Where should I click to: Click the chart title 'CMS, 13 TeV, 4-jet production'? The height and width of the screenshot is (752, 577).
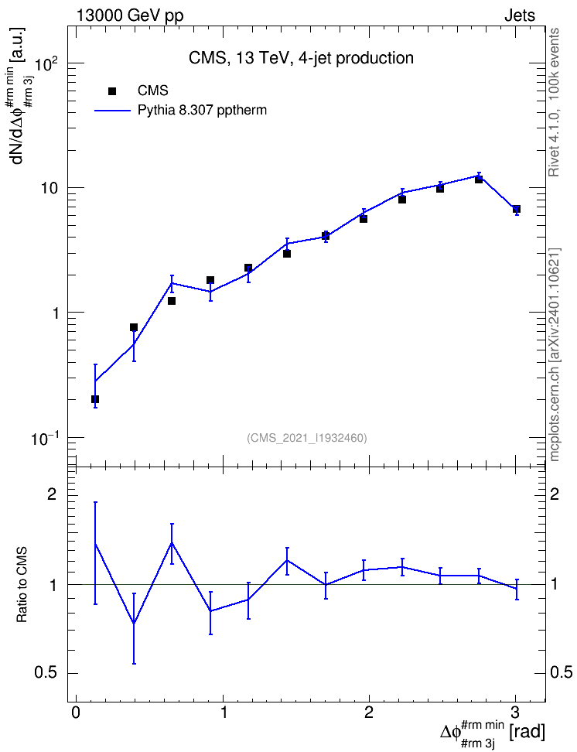point(301,58)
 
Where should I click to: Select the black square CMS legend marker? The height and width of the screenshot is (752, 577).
point(112,91)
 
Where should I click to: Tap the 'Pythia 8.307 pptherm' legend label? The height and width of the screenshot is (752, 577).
point(202,111)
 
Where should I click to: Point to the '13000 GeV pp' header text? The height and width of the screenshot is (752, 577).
point(129,15)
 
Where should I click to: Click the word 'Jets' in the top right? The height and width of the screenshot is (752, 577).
point(520,15)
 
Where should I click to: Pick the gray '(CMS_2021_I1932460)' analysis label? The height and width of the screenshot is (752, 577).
point(307,438)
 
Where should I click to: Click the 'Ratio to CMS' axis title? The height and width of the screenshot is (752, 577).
point(22,584)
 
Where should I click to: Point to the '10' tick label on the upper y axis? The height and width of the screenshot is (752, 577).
point(50,188)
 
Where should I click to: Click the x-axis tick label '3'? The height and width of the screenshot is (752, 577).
point(516,712)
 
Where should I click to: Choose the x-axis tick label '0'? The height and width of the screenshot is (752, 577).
point(76,712)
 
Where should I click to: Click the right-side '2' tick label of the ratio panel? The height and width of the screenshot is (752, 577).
point(555,494)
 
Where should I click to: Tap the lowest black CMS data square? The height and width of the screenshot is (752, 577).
point(95,399)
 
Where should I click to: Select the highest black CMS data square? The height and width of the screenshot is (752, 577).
point(479,179)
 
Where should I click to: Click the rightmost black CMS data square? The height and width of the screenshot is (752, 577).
point(517,209)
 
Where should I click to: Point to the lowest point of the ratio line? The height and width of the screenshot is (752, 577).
point(134,624)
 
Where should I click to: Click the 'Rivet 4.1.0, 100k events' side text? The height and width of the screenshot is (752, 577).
point(554,103)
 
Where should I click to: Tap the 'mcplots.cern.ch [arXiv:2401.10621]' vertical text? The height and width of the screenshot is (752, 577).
point(554,354)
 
